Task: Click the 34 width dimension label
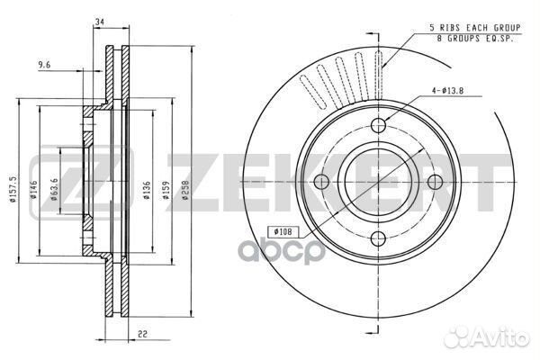100,22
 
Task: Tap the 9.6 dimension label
44,65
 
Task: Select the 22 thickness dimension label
142,334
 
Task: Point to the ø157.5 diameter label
13,189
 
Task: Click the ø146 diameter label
33,190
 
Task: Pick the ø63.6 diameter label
54,189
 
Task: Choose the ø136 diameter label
147,190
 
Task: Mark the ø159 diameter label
166,190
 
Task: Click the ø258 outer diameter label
185,190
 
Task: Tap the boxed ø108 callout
283,232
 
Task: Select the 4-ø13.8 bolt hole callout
447,91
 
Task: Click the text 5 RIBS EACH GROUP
475,28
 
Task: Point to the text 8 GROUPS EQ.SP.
475,39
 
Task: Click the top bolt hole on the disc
379,125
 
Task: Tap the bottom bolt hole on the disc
379,238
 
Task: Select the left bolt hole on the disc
322,182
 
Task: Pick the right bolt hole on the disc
435,182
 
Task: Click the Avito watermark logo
486,337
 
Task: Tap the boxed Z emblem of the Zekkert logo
82,182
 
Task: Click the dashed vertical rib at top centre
379,75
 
